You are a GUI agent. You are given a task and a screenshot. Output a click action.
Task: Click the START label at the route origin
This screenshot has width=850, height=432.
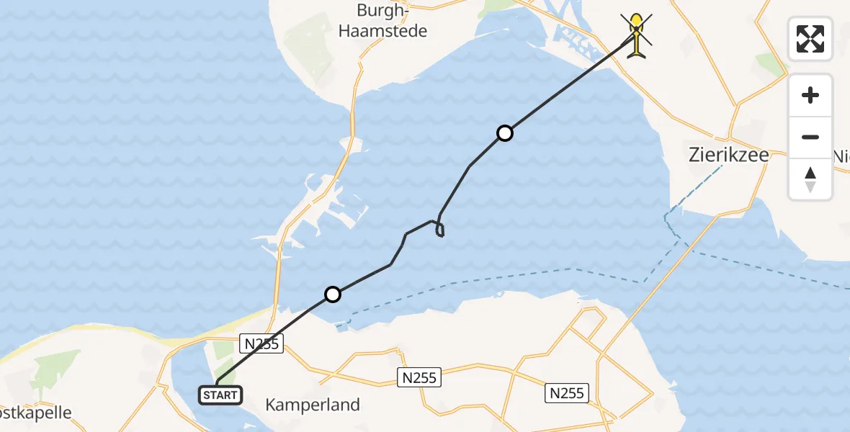click(x=220, y=395)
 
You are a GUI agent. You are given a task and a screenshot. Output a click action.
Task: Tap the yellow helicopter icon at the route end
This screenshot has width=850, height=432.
click(x=637, y=35)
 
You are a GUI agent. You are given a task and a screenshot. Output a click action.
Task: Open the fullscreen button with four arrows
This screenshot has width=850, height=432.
click(x=810, y=39)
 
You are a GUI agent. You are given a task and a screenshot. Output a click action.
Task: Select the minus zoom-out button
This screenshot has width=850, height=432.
click(x=810, y=137)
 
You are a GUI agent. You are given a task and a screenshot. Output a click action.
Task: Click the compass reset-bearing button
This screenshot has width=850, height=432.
click(x=810, y=179)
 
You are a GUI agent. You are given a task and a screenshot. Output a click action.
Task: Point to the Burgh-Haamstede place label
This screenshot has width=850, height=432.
click(x=392, y=21)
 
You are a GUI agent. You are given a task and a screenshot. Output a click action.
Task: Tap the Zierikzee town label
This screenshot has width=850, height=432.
click(x=728, y=156)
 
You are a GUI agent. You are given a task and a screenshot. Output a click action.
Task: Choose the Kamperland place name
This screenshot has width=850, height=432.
click(x=313, y=405)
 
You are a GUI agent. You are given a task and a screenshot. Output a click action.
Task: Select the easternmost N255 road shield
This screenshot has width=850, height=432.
click(x=568, y=393)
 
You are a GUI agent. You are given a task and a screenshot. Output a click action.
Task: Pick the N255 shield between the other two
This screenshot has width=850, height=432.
click(x=419, y=377)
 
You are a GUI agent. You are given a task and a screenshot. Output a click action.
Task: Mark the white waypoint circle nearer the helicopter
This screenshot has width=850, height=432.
click(x=505, y=132)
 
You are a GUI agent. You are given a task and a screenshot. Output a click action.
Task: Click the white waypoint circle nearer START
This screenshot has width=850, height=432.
click(x=332, y=294)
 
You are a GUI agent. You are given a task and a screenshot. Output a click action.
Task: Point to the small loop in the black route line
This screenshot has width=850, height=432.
click(x=439, y=229)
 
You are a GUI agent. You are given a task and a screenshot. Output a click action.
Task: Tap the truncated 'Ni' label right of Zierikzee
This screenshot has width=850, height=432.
click(x=841, y=156)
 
